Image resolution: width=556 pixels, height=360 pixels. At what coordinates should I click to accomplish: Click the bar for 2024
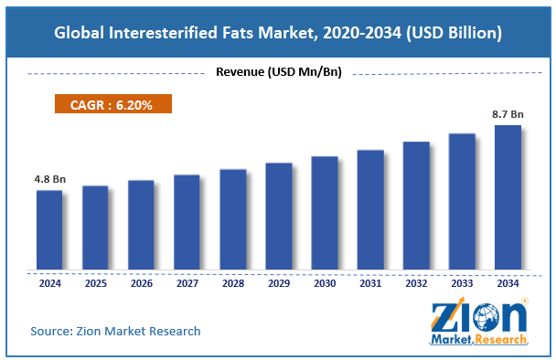(49, 230)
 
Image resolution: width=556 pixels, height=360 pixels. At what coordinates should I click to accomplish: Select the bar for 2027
(187, 223)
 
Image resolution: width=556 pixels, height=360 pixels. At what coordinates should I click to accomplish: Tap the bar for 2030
(324, 214)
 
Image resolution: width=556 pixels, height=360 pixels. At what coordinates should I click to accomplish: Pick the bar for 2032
(416, 206)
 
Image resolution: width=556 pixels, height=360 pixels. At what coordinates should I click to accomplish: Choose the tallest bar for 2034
(508, 198)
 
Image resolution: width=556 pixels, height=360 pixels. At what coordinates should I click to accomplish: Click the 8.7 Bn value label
(508, 114)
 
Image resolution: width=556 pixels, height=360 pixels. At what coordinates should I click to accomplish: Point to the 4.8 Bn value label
(49, 179)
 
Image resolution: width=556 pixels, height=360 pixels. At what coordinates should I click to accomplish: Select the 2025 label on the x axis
(95, 284)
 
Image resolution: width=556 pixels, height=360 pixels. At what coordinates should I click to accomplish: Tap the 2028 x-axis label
(232, 284)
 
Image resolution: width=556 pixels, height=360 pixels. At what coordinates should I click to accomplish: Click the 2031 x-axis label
(370, 284)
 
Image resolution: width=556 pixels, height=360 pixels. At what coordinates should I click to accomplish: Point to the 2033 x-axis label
(462, 284)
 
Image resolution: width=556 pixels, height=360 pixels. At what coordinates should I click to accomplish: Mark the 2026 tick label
(141, 284)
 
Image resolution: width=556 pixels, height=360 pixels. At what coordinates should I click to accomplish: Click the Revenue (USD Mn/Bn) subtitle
(277, 72)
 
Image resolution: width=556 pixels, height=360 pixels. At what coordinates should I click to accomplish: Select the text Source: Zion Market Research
(115, 330)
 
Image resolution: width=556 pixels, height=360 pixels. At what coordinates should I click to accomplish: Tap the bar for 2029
(278, 217)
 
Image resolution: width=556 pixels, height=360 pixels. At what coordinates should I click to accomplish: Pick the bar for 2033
(462, 203)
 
